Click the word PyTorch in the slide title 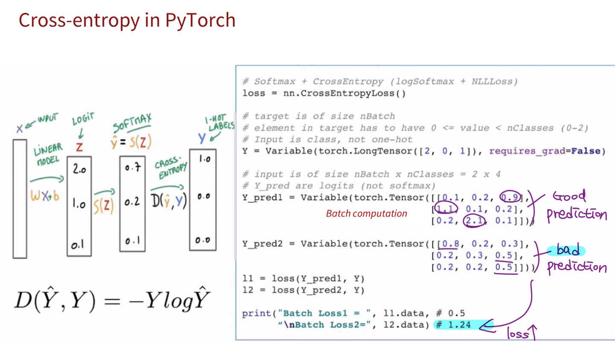[x=200, y=20]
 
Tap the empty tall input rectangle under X [x=20, y=199]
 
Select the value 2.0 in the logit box [x=79, y=169]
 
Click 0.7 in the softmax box [x=132, y=167]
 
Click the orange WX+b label [x=45, y=196]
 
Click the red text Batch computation [x=366, y=214]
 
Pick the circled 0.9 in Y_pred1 [x=510, y=197]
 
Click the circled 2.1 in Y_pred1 [x=474, y=221]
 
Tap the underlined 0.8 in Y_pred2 [x=451, y=244]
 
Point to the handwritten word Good [x=569, y=196]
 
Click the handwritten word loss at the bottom [x=518, y=333]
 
